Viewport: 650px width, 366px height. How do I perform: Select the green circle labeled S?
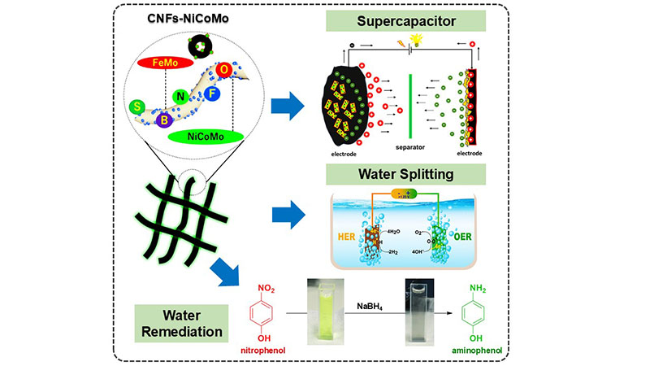(x=138, y=107)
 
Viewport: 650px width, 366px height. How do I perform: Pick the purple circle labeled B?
(x=166, y=120)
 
